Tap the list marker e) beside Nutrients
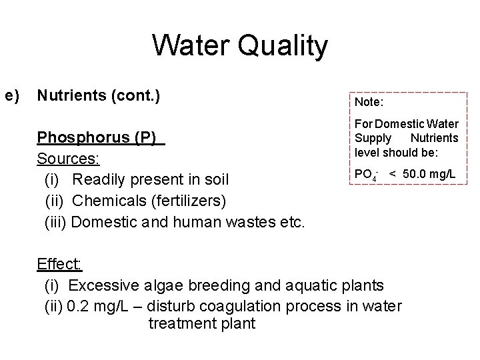(x=11, y=96)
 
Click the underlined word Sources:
(x=69, y=159)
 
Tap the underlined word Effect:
(x=59, y=264)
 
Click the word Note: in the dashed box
(x=368, y=103)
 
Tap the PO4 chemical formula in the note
(x=366, y=175)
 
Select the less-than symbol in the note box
(x=393, y=174)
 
